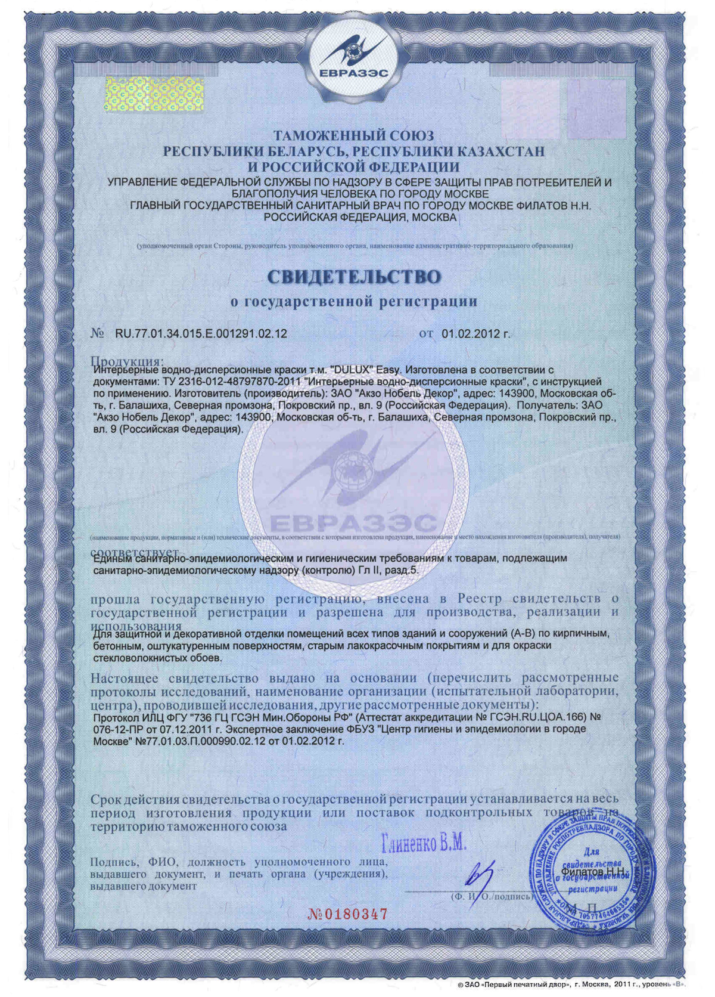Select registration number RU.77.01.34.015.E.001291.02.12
coord(201,334)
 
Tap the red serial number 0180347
coord(348,914)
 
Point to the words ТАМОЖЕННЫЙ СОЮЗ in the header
coord(354,136)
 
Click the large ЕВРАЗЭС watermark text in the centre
coord(354,524)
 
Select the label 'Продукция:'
coord(126,361)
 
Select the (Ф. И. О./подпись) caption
coord(490,896)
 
